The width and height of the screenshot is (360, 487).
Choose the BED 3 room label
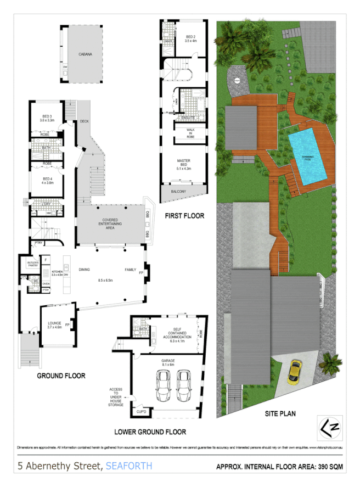coord(47,117)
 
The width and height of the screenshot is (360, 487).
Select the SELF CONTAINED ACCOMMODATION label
coord(177,334)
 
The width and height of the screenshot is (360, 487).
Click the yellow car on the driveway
coord(296,373)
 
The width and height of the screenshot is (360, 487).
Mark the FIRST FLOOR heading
coord(184,216)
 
